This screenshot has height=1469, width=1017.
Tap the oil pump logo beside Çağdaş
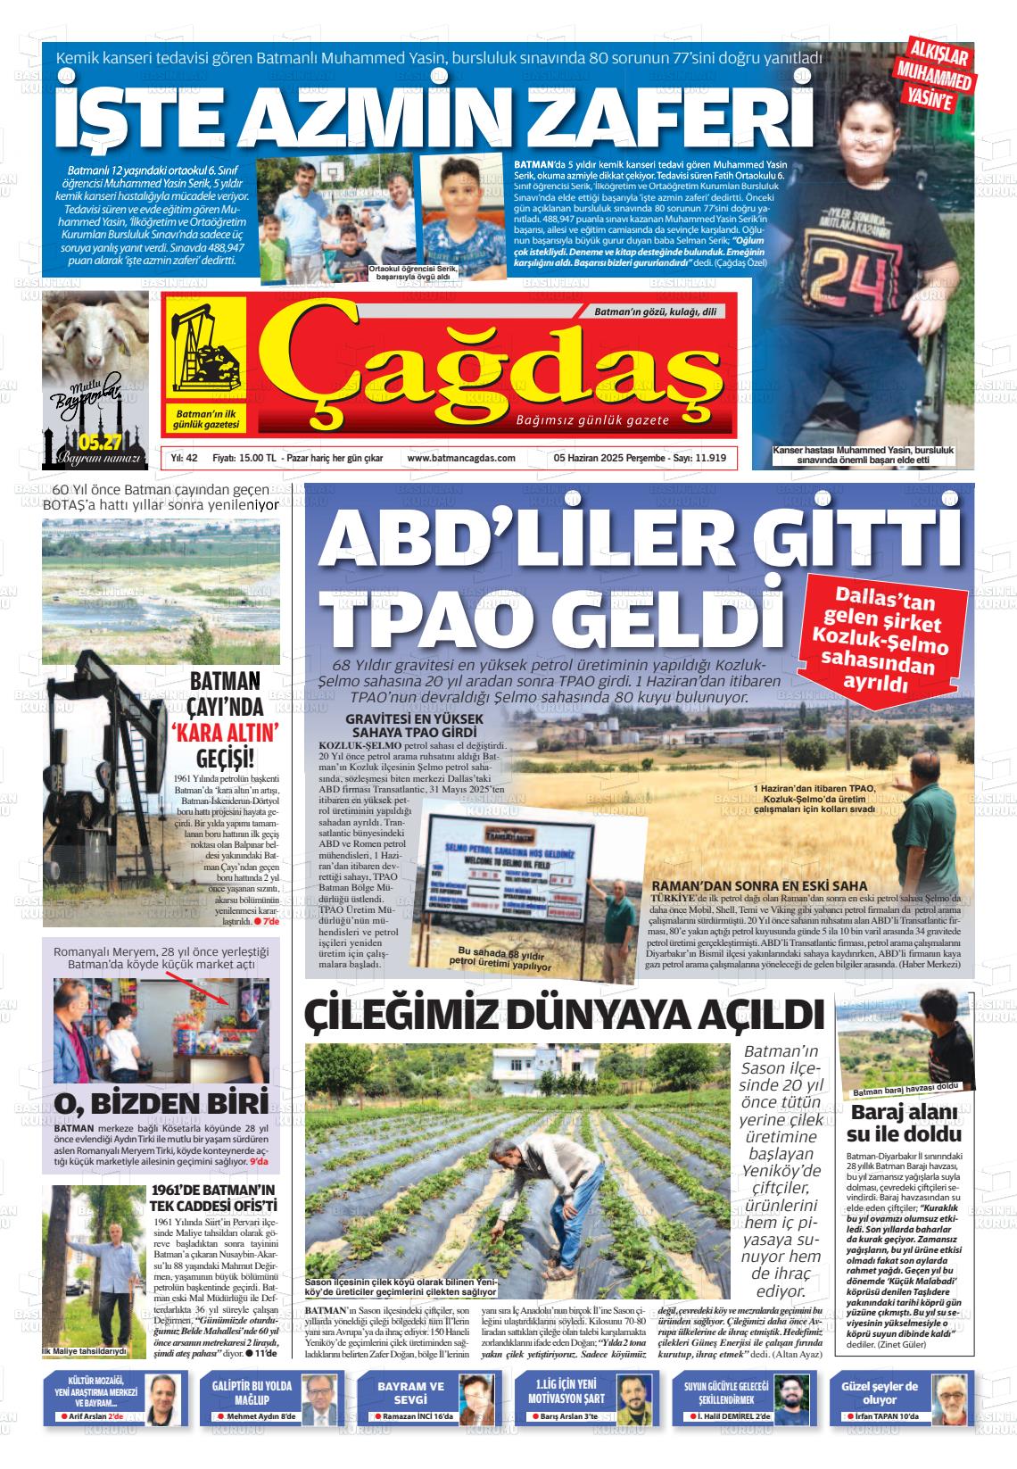pos(206,360)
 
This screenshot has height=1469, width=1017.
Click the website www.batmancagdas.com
pos(460,458)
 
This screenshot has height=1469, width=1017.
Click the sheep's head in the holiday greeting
pos(89,331)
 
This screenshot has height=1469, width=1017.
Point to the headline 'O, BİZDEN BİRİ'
pos(161,1102)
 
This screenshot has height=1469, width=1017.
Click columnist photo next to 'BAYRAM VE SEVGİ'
pos(476,1398)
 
